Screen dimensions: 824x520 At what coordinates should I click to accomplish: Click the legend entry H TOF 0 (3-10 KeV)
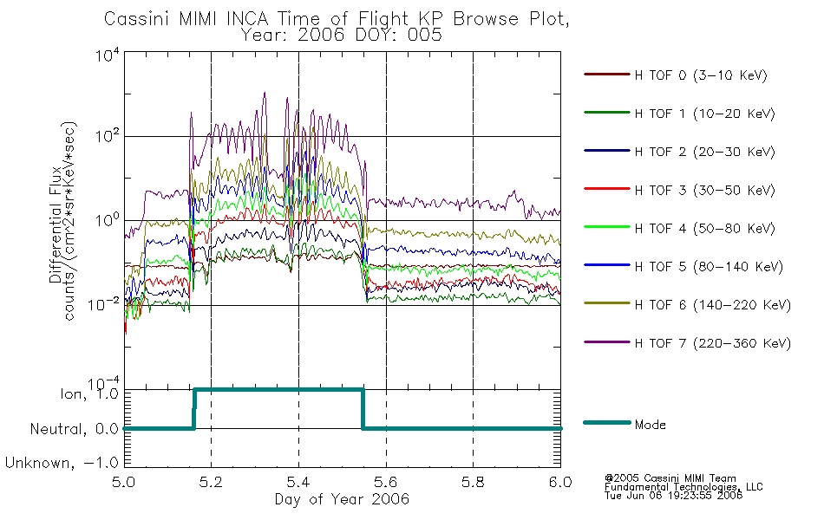pos(701,75)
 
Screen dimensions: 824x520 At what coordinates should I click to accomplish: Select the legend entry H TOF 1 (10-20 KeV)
pos(704,114)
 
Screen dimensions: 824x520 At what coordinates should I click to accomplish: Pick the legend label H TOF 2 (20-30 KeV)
pos(704,152)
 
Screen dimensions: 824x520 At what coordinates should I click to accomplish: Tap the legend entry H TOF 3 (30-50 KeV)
pos(704,190)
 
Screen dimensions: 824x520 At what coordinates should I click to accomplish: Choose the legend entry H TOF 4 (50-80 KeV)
pos(704,229)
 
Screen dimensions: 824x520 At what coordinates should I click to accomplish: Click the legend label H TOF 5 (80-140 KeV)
pos(709,267)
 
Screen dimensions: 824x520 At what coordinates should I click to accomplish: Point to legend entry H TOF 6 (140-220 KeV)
pos(713,305)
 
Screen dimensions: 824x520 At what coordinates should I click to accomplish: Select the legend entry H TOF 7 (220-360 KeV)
pos(713,343)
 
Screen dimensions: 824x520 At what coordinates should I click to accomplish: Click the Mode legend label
pos(650,425)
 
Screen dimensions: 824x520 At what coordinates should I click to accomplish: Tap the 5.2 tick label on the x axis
pos(212,482)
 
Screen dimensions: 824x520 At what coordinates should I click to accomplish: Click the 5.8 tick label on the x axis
pos(473,482)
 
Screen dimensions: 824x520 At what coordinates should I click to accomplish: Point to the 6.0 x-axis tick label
pos(560,482)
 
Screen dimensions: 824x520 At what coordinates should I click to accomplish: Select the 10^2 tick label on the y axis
pos(108,135)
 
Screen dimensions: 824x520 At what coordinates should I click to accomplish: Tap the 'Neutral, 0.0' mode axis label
pos(74,429)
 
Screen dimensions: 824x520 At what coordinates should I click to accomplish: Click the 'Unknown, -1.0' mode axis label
pos(62,463)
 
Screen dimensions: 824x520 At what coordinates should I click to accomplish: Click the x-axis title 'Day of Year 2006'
pos(342,499)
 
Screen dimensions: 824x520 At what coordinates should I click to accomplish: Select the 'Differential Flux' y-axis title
pos(56,224)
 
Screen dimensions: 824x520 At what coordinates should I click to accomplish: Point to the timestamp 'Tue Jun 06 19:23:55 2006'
pos(673,496)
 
